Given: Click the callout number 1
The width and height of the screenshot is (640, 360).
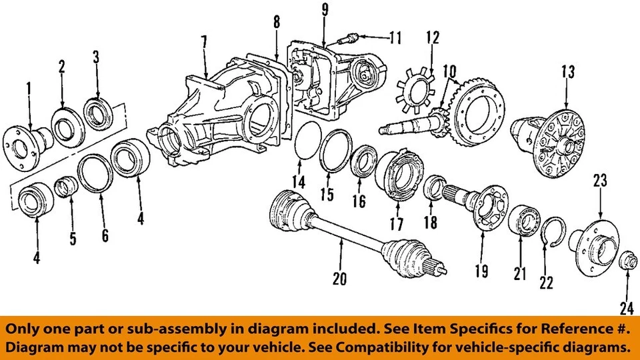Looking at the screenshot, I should [29, 87].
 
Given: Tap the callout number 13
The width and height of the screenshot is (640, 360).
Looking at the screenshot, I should [567, 71].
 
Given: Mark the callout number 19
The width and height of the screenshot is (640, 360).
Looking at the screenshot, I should [481, 271].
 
